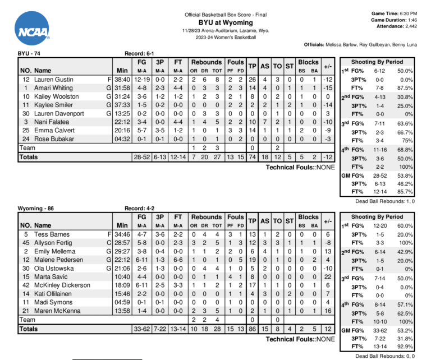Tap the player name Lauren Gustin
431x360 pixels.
point(54,80)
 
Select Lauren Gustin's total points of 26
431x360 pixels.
point(252,80)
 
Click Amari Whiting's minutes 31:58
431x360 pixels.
point(121,88)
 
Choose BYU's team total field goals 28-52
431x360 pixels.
point(141,158)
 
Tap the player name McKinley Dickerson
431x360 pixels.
point(62,285)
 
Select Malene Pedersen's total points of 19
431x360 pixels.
point(252,260)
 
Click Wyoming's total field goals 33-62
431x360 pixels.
point(141,329)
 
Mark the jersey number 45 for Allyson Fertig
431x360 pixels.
point(25,243)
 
